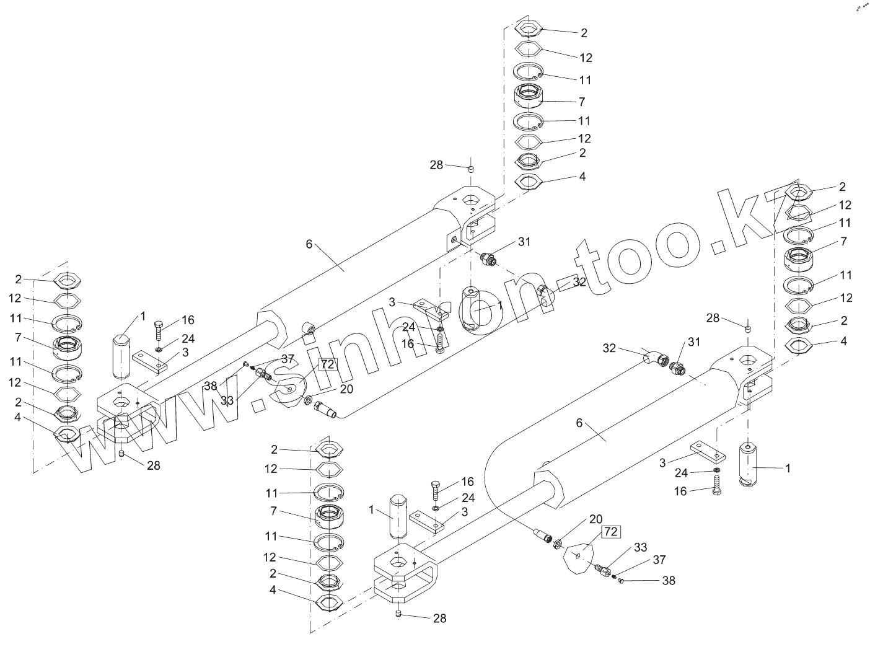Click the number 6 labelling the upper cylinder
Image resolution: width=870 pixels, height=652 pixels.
pyautogui.click(x=309, y=244)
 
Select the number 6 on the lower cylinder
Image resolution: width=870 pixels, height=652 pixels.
pyautogui.click(x=579, y=423)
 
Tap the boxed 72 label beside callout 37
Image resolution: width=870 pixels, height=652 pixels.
pyautogui.click(x=327, y=364)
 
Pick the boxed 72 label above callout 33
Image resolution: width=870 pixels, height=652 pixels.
pyautogui.click(x=610, y=532)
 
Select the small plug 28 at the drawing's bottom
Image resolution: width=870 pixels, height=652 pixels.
pyautogui.click(x=399, y=614)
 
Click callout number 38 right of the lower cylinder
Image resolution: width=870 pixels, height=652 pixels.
pyautogui.click(x=669, y=581)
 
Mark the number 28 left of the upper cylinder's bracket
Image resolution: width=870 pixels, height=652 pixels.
pyautogui.click(x=437, y=165)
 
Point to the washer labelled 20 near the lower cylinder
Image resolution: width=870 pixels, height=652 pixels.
pyautogui.click(x=557, y=544)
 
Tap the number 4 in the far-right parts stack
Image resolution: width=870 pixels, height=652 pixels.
pyautogui.click(x=843, y=341)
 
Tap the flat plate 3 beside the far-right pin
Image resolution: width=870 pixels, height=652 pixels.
pyautogui.click(x=705, y=453)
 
